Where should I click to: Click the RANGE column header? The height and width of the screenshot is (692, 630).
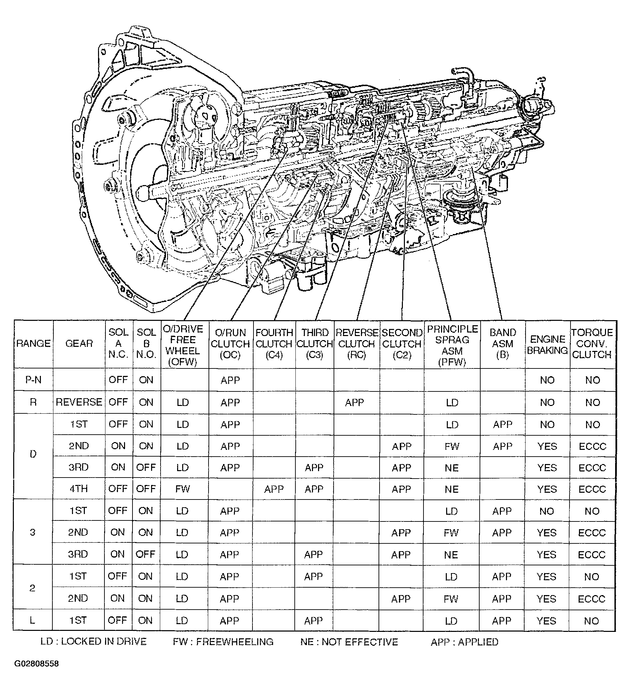pos(33,343)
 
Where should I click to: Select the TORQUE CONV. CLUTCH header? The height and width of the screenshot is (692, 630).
pos(592,343)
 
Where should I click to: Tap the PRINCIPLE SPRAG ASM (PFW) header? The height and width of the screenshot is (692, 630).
pos(452,345)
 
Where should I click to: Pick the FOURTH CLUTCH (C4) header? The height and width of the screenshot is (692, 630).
pos(274,343)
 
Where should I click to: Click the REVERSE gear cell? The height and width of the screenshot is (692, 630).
pos(79,402)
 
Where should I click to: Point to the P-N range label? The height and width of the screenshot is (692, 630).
pos(33,380)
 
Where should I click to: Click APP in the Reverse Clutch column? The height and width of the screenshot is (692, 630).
pos(354,402)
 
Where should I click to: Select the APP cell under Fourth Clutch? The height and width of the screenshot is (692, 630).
pos(274,489)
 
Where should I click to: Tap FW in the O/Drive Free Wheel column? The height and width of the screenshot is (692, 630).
pos(183,489)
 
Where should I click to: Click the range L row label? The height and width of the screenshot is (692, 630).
pos(32,620)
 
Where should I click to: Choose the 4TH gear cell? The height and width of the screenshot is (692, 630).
pos(79,489)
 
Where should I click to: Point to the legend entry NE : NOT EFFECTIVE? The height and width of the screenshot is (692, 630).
pos(349,642)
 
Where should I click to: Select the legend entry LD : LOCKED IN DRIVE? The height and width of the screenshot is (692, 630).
pos(93,642)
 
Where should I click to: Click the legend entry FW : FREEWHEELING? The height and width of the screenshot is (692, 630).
pos(223,642)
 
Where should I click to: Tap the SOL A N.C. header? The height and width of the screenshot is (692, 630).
pos(118,343)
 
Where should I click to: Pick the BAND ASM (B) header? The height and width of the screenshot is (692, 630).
pos(502,343)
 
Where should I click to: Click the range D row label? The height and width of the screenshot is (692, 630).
pos(33,454)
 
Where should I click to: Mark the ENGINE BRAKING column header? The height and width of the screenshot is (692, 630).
pos(547,344)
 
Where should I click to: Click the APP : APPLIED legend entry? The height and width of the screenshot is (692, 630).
pos(464,642)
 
